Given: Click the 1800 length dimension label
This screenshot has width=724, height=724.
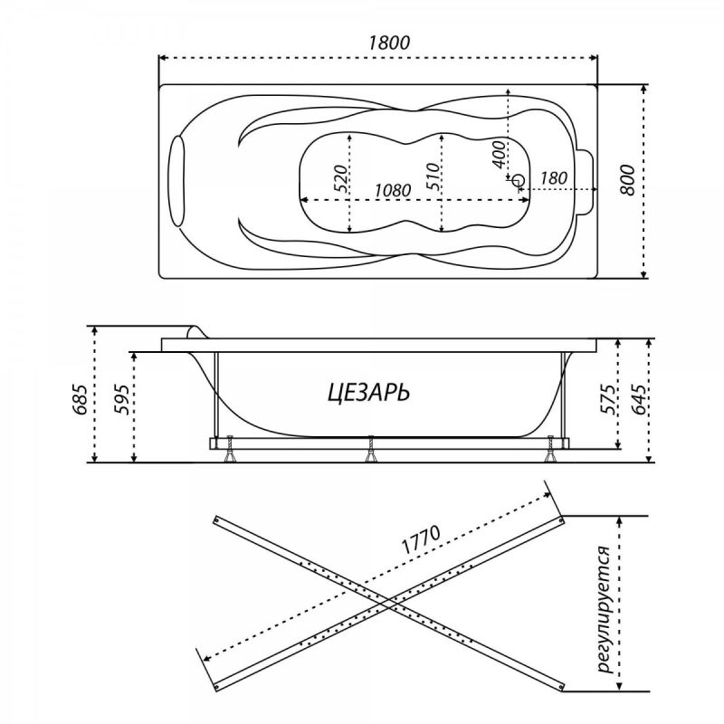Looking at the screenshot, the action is tap(389, 43).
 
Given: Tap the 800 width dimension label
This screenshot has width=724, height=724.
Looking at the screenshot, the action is tap(628, 179).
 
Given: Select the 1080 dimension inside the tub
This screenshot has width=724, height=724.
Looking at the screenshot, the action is tap(393, 190).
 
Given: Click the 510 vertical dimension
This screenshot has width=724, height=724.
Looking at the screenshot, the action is tap(433, 176).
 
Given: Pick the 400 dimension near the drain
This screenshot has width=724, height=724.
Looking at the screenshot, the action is tap(499, 155).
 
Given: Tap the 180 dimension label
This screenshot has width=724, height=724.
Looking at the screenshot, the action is tap(553, 177).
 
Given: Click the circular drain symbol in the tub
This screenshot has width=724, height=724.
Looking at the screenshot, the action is tap(519, 180).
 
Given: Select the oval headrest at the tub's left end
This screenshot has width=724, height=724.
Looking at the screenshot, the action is tap(177, 181).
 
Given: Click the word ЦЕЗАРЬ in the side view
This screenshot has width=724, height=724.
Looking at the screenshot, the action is tap(368, 394).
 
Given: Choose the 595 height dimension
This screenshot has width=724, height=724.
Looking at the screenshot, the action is tap(121, 399).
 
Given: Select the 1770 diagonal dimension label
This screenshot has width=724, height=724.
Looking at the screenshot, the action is tap(421, 539).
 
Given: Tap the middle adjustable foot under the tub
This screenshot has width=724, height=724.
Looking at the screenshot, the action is tap(370, 449).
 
